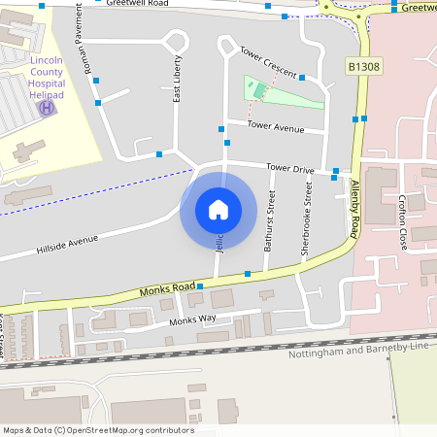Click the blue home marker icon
[x=218, y=210]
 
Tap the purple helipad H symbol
[x=46, y=107]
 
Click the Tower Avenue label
[x=276, y=126]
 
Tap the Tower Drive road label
[x=290, y=169]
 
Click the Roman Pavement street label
[x=82, y=52]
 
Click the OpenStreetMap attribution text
[x=98, y=429]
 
